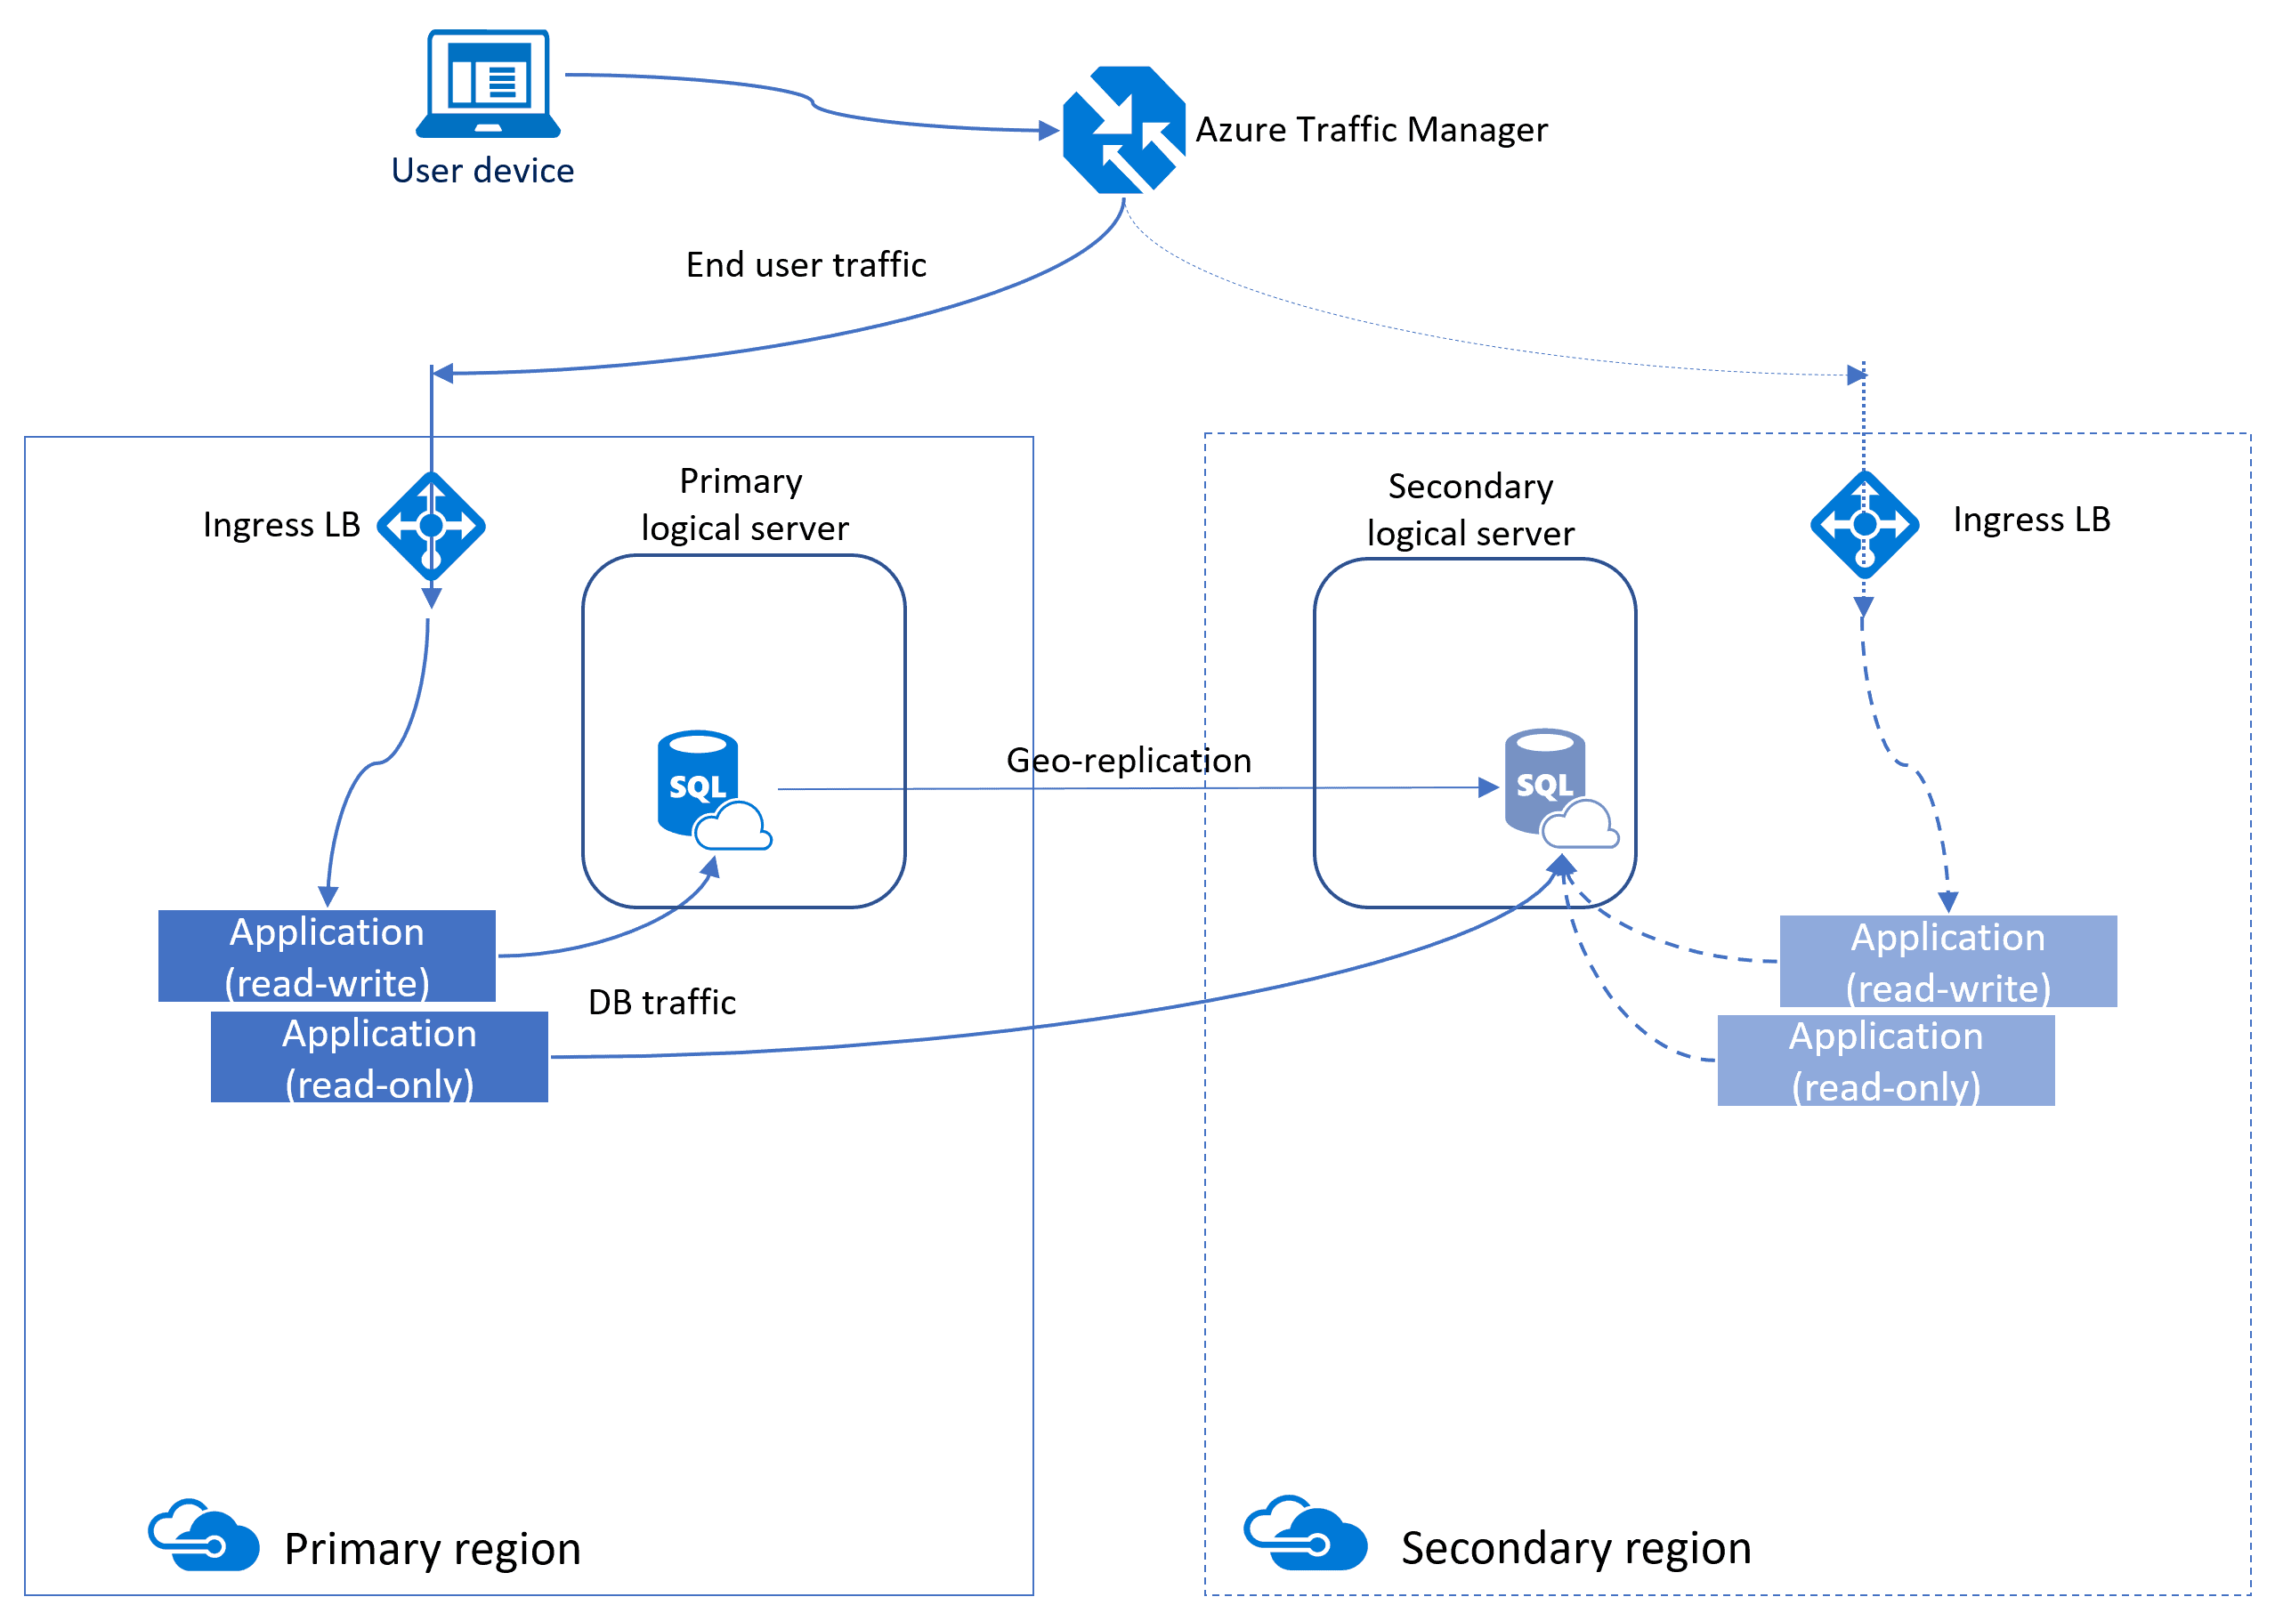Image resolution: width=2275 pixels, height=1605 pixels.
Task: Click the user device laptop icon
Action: pyautogui.click(x=489, y=84)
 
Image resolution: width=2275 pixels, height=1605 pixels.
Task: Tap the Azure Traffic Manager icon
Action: pyautogui.click(x=1123, y=130)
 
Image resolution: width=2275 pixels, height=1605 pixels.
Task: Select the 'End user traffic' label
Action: pyautogui.click(x=806, y=264)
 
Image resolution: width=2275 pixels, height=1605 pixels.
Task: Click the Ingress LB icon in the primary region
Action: pyautogui.click(x=431, y=525)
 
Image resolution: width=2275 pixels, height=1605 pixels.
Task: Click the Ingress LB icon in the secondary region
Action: pyautogui.click(x=1864, y=524)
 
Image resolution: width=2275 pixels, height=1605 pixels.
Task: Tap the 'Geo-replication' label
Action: pyautogui.click(x=1129, y=760)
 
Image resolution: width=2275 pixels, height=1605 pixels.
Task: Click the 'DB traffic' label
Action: pyautogui.click(x=662, y=1002)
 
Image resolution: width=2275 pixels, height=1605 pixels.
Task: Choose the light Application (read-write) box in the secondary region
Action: pyautogui.click(x=1948, y=960)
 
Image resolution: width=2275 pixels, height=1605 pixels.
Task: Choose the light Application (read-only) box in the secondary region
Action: pyautogui.click(x=1885, y=1061)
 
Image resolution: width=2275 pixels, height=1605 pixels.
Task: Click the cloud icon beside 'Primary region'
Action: pyautogui.click(x=204, y=1535)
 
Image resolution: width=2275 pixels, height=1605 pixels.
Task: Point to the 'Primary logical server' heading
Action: pyautogui.click(x=743, y=504)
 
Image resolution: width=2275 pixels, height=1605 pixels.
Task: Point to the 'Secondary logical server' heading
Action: pyautogui.click(x=1470, y=509)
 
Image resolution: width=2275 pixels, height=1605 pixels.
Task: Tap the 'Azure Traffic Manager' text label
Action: pyautogui.click(x=1372, y=130)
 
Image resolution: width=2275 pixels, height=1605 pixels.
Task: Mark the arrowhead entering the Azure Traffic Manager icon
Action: pyautogui.click(x=1048, y=130)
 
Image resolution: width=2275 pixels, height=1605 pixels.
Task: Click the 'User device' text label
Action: pyautogui.click(x=482, y=171)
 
